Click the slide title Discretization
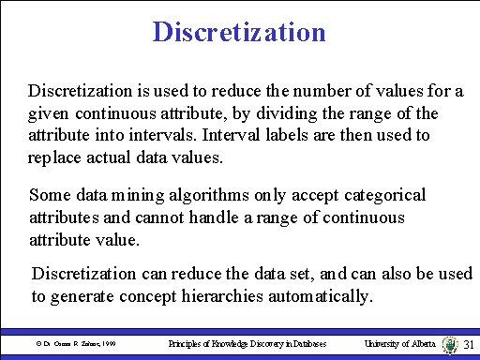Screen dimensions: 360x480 tap(239, 33)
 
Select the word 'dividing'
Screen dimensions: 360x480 tap(306, 114)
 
